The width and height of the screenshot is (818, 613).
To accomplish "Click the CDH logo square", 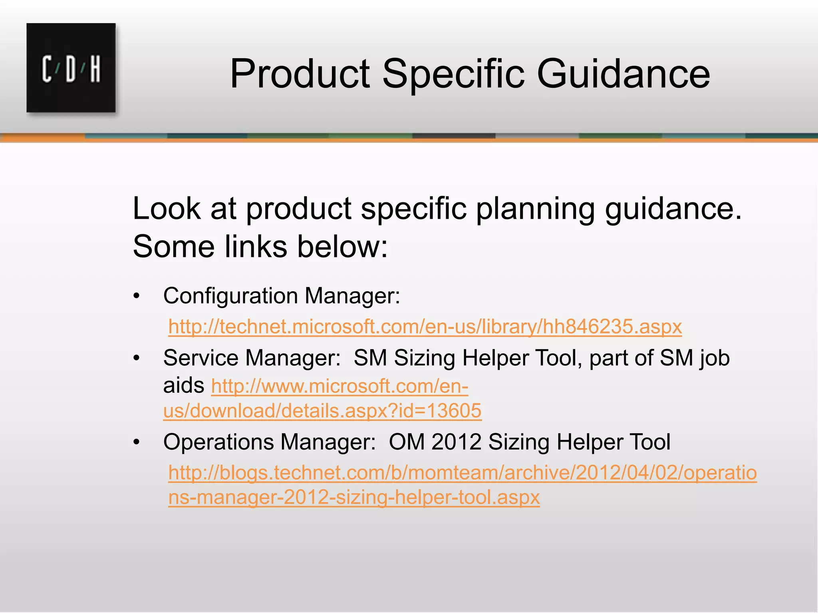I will point(71,67).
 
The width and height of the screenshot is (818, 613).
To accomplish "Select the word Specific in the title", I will point(453,74).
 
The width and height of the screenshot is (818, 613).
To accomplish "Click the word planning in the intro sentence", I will point(535,209).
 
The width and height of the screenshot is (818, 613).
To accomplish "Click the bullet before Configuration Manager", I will point(137,297).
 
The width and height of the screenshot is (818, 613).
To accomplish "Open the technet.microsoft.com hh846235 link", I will point(425,326).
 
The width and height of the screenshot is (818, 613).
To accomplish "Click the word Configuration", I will point(230,297).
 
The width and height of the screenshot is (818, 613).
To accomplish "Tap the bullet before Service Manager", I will point(137,358).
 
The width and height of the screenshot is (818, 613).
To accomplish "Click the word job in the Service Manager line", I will point(715,358).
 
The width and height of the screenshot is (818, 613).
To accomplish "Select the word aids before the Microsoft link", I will point(183,386).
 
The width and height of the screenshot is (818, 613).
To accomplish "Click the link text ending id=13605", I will point(322,411).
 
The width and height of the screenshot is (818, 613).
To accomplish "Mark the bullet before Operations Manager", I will point(137,442).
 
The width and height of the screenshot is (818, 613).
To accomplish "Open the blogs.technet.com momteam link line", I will point(463,473).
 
